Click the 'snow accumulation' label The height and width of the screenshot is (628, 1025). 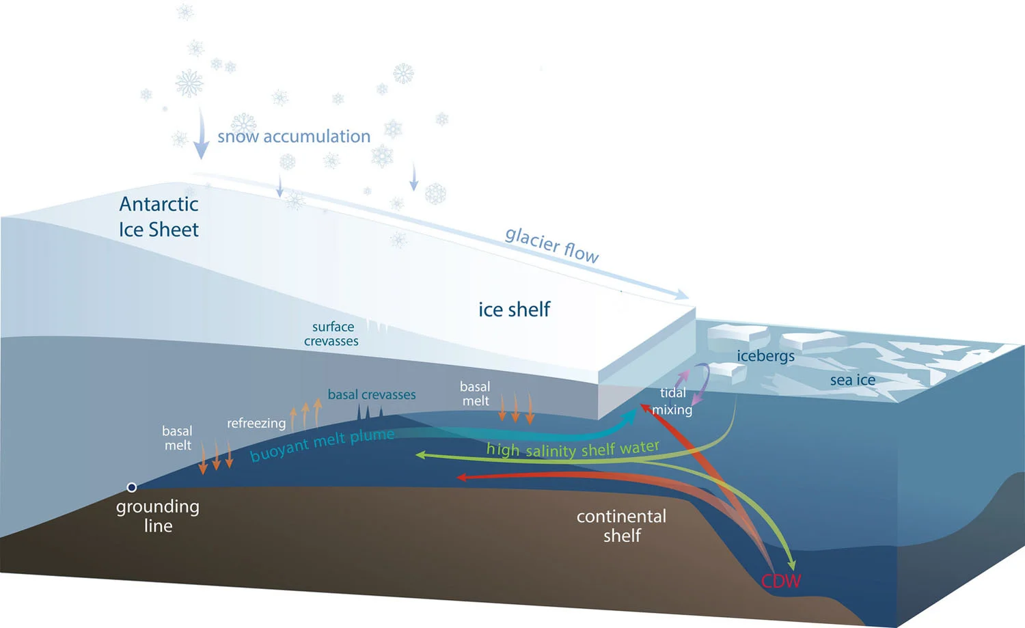[294, 137]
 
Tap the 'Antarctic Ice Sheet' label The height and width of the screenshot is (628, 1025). [159, 217]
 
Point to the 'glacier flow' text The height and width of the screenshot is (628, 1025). [552, 245]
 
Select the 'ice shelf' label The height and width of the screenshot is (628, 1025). [514, 310]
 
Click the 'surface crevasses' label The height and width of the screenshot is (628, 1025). [332, 334]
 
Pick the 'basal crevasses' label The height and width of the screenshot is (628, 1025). [372, 394]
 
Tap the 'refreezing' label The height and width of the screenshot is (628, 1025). [256, 423]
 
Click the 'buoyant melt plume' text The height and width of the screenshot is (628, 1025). [322, 445]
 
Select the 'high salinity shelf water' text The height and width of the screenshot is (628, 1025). [573, 449]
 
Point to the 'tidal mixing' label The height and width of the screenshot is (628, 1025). [672, 401]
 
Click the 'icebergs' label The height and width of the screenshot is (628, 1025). [765, 356]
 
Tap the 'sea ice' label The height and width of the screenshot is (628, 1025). [852, 380]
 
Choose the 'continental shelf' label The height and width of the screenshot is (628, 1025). [621, 525]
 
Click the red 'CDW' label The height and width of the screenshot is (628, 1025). [781, 582]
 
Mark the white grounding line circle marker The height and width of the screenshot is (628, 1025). [132, 487]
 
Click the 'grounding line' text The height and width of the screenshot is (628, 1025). [158, 516]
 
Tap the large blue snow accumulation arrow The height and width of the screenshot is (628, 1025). [201, 134]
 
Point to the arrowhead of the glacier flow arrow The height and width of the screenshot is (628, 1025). [682, 295]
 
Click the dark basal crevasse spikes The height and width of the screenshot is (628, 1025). [369, 412]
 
